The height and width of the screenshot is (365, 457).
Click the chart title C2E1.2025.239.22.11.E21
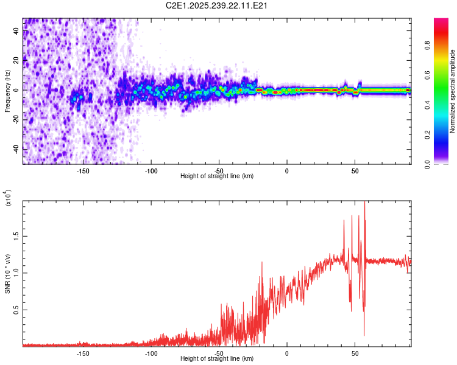(x=218, y=5)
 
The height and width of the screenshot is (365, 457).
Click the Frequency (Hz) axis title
(x=8, y=91)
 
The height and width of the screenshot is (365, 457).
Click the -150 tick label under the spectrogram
(x=83, y=170)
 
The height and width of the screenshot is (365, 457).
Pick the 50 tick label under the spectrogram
(x=355, y=170)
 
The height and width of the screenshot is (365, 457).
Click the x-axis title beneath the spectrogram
(x=218, y=176)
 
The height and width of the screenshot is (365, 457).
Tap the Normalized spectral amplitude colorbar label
(x=452, y=91)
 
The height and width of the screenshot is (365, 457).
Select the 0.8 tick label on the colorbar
(x=444, y=44)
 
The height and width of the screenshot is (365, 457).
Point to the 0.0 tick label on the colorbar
(x=444, y=163)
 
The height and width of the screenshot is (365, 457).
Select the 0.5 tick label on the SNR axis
(x=16, y=310)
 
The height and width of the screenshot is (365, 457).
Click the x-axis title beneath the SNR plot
(x=218, y=360)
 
